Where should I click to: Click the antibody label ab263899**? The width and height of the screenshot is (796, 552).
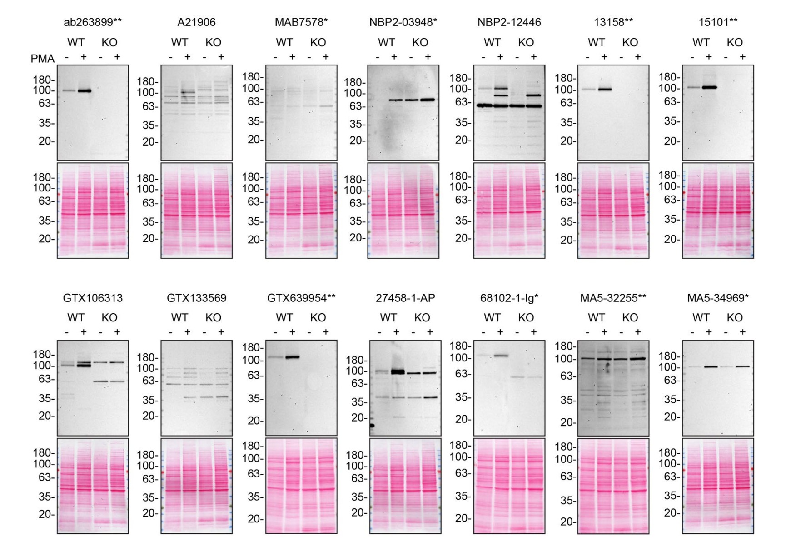(93, 22)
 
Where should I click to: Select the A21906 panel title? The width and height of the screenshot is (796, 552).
(196, 22)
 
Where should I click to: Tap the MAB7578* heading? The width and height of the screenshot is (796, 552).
(301, 22)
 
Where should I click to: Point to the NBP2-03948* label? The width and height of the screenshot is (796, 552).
(403, 22)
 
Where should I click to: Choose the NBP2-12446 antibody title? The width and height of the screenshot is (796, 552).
(509, 22)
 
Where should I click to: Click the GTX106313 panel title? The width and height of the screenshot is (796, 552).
(93, 298)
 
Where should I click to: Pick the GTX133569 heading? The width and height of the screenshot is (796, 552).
(196, 298)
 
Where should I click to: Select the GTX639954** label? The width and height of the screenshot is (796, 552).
(301, 298)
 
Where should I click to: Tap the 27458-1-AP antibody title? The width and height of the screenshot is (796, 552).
(405, 298)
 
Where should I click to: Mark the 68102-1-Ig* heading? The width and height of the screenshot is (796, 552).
(509, 298)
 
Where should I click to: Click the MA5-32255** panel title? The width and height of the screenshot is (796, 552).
(613, 298)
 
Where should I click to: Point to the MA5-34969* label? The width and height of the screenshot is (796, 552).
(717, 298)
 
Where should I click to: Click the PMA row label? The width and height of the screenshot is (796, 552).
(42, 59)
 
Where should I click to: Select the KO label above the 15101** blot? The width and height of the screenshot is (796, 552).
(734, 43)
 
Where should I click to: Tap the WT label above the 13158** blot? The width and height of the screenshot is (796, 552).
(596, 43)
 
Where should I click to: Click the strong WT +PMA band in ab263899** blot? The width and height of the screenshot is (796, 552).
(84, 91)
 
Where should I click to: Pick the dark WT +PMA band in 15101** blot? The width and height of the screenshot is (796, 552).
(709, 87)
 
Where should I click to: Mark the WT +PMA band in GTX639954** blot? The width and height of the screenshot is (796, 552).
(292, 357)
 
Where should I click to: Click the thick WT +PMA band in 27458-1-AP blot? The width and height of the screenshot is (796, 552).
(397, 372)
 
